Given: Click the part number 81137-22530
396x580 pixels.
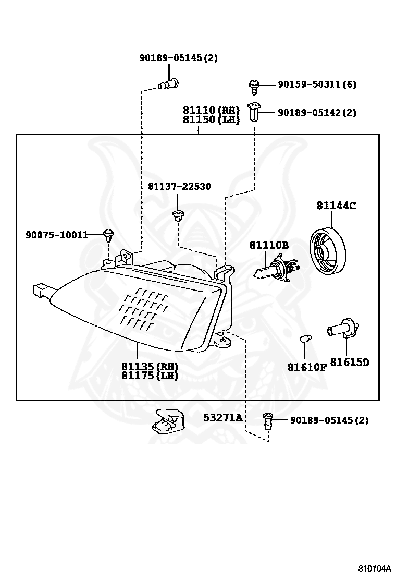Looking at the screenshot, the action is [179, 186].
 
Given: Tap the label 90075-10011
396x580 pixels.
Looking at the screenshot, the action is [57, 235].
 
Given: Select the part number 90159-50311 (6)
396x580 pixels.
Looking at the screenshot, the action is [317, 84].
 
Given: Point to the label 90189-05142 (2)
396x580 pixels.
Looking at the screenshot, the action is [317, 113].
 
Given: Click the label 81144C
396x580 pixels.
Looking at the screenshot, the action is [336, 206].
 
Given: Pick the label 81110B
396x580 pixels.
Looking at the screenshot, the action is [269, 245].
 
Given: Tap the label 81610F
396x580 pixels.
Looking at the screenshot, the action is [307, 367].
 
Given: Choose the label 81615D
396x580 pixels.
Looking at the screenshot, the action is [350, 362].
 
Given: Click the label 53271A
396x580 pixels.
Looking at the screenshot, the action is [222, 418].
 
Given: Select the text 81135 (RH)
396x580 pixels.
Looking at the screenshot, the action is [150, 366].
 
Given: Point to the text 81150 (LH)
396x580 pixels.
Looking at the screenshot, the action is [212, 119].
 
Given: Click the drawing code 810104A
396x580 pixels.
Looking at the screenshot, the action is [374, 568].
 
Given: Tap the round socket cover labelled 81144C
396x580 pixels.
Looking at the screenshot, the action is [327, 251].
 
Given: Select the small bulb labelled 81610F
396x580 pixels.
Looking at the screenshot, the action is [305, 338].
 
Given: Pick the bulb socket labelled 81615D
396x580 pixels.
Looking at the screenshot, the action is [343, 329].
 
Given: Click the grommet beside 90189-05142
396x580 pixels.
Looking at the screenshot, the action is [254, 112].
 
